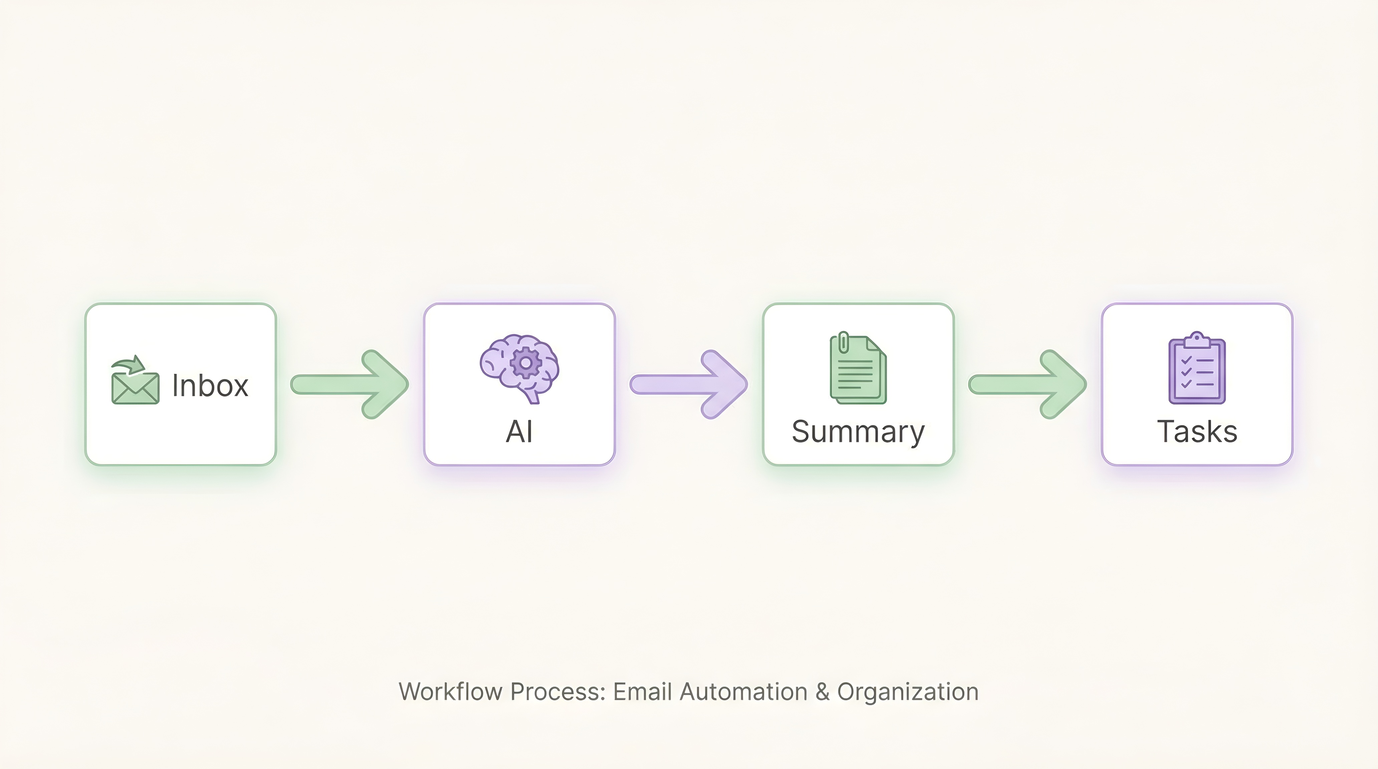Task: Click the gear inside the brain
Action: click(x=525, y=362)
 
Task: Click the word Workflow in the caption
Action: click(x=450, y=692)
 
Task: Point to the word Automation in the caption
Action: click(x=743, y=692)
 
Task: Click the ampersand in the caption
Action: click(x=822, y=692)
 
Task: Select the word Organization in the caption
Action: click(x=908, y=692)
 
